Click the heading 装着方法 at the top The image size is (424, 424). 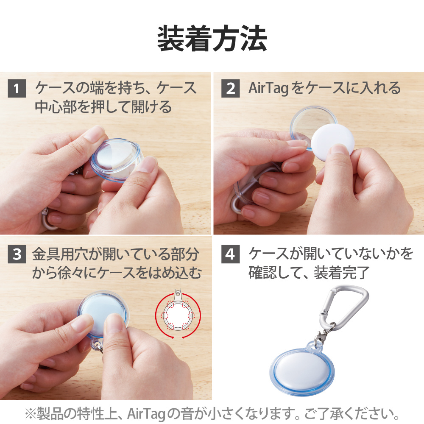[x=212, y=39]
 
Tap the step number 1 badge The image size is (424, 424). [x=17, y=89]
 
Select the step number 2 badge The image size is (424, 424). [x=230, y=89]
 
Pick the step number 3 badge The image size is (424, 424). [x=17, y=254]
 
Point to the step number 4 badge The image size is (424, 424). [x=230, y=254]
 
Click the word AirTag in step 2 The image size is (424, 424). [x=268, y=88]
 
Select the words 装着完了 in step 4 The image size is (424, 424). [x=341, y=273]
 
